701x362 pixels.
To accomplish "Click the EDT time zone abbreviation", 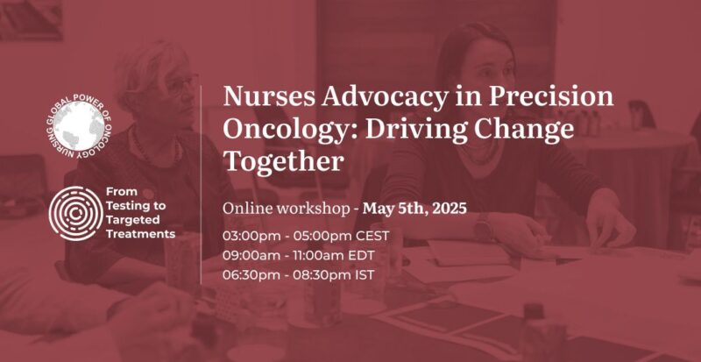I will point(369,255).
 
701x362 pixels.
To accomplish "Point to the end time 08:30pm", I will point(322,274).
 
